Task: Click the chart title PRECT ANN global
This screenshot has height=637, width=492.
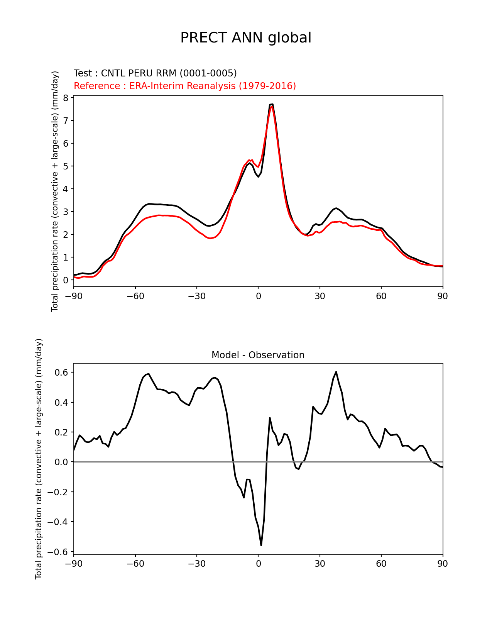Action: coord(246,38)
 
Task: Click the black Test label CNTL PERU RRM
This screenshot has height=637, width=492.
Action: coord(155,73)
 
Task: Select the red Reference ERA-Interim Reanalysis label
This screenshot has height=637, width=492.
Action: coord(185,86)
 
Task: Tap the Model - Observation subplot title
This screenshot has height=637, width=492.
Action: coord(258,355)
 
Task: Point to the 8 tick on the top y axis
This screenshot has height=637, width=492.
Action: coord(66,98)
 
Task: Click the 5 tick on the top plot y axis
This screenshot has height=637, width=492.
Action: coord(66,166)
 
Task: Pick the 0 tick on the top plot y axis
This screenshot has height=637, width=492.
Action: coord(66,280)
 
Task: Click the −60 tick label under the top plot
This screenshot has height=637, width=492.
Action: coord(135,296)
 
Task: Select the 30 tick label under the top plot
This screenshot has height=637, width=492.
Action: coord(320,296)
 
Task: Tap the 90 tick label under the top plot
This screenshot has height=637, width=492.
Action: coord(443,296)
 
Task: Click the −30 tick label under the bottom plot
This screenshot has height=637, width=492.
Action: coord(196,564)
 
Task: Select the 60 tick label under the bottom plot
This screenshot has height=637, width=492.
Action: coord(381,564)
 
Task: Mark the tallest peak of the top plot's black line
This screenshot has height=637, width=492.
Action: coord(272,104)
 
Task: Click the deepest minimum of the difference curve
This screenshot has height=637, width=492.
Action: coord(261,545)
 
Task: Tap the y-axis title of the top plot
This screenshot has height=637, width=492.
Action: coord(55,191)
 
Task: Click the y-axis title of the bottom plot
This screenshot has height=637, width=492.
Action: coord(39,459)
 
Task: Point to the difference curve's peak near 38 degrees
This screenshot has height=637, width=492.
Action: coord(336,372)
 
